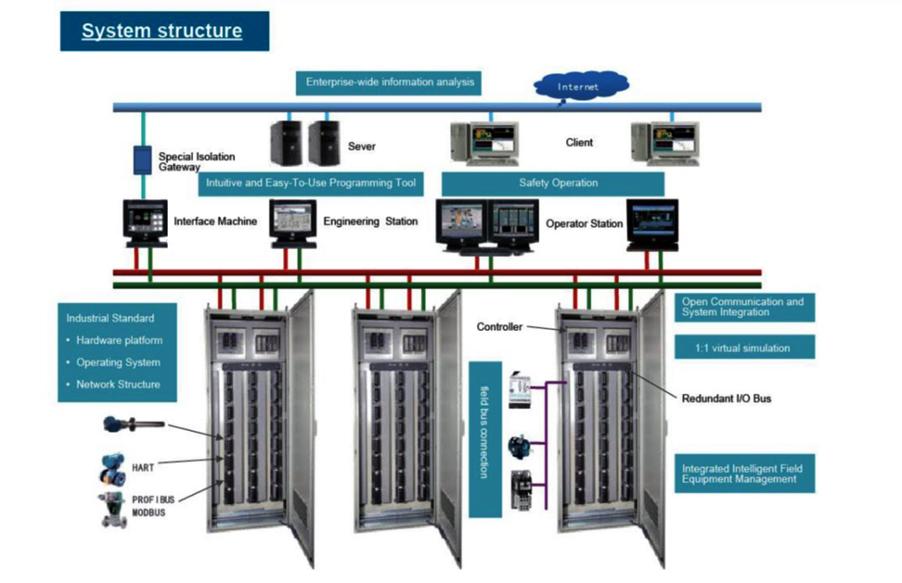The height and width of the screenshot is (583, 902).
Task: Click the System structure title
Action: tap(163, 32)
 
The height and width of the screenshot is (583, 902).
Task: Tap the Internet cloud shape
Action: tap(581, 85)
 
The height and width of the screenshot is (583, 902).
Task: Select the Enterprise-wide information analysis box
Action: tap(390, 82)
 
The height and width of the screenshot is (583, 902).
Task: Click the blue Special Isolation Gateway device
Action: tap(142, 160)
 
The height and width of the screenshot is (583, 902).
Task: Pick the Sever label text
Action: tap(362, 146)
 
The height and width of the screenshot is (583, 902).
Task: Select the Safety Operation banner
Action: tap(552, 183)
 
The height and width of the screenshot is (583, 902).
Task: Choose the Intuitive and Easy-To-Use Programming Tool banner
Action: tap(311, 183)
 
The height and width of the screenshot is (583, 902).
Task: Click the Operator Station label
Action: tap(584, 223)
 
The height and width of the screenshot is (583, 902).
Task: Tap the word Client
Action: tap(579, 143)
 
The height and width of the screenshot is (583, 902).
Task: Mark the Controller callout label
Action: tap(500, 327)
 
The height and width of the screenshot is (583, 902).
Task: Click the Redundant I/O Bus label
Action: tap(726, 398)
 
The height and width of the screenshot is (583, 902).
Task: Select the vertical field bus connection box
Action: tap(485, 439)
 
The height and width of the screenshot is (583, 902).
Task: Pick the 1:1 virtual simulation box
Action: tap(743, 347)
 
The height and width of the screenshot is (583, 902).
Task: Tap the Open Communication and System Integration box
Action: tap(743, 307)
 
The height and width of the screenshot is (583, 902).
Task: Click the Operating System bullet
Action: tap(118, 362)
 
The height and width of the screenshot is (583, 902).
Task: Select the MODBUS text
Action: tap(148, 512)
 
